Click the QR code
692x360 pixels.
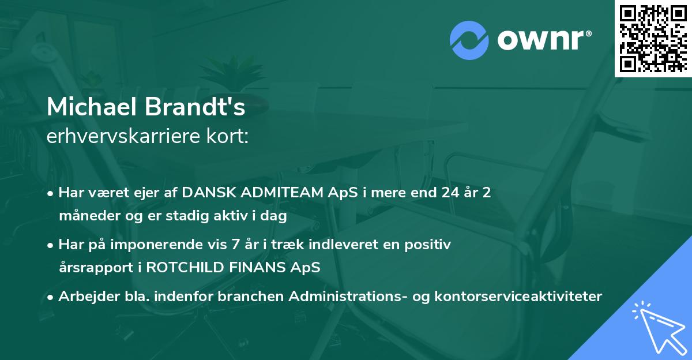(x=653, y=38)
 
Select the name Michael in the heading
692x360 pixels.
(x=92, y=108)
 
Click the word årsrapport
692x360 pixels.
(x=100, y=268)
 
